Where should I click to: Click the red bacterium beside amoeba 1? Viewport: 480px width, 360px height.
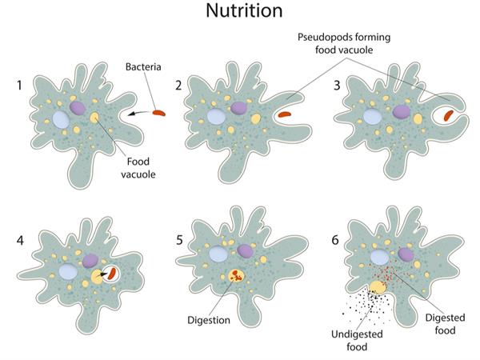pyautogui.click(x=162, y=114)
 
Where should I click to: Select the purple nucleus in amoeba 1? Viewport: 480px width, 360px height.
pyautogui.click(x=78, y=107)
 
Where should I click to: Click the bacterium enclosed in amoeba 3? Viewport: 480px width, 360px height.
pyautogui.click(x=446, y=114)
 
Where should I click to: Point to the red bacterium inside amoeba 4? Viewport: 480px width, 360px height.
pyautogui.click(x=113, y=273)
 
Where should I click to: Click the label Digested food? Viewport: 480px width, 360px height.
pyautogui.click(x=444, y=324)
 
